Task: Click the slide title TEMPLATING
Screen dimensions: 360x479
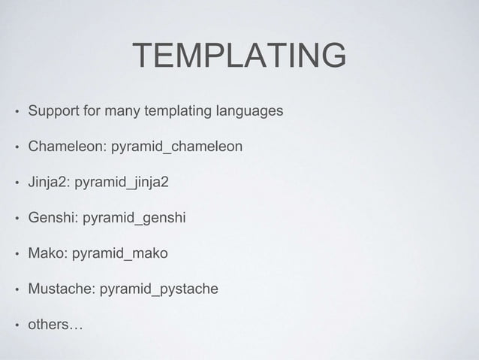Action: click(x=239, y=56)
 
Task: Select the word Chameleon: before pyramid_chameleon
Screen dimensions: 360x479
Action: click(x=68, y=147)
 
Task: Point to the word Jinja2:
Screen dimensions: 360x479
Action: click(x=49, y=183)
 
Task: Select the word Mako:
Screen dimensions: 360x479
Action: click(x=47, y=253)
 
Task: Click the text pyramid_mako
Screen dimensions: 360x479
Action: click(x=119, y=253)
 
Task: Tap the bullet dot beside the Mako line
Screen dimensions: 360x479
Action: click(x=14, y=254)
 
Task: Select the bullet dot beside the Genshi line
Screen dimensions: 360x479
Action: click(x=14, y=219)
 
